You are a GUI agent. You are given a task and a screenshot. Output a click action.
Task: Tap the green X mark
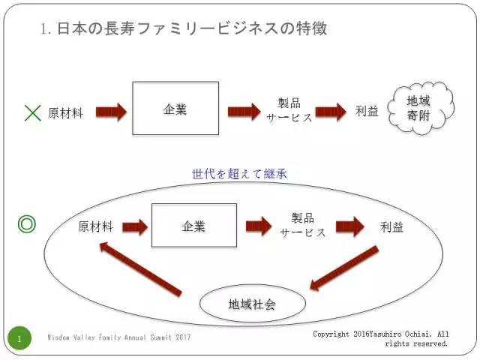[x=32, y=113]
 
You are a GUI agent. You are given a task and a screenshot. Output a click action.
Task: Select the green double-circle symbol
[x=27, y=224]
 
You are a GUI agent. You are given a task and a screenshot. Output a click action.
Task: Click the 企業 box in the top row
[x=175, y=109]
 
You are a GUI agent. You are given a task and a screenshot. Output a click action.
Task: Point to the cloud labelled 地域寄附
[x=424, y=109]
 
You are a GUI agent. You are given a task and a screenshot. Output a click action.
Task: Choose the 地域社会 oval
[x=252, y=304]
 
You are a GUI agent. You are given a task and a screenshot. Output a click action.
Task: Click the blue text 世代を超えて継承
[x=240, y=174]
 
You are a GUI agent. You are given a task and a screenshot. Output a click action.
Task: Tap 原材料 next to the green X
[x=65, y=113]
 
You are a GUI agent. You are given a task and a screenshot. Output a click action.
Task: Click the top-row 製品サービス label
[x=289, y=111]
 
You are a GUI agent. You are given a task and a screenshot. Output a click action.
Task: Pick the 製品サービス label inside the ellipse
[x=303, y=225]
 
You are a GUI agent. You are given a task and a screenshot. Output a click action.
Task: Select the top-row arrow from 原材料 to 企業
[x=111, y=112]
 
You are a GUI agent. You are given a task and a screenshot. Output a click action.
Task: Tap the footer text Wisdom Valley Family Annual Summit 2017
[x=118, y=338]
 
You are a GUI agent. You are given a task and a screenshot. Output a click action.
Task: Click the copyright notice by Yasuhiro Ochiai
[x=381, y=338]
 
